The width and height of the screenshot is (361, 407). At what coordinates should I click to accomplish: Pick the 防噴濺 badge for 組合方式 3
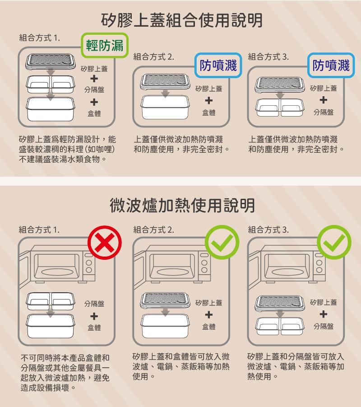coord(331,65)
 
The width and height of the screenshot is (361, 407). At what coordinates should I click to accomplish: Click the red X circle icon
coord(105,243)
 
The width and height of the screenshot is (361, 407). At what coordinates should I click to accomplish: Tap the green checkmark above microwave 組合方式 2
coord(222,243)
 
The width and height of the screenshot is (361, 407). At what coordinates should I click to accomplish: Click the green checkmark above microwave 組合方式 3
coord(334,243)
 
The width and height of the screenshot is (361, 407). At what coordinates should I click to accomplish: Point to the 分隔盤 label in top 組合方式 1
coord(94,89)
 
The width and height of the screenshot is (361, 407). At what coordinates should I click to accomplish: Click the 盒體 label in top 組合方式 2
coord(209,112)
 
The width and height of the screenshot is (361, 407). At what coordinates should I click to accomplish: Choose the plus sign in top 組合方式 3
coord(324,100)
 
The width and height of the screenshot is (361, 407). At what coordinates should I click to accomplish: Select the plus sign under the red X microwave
coord(94,315)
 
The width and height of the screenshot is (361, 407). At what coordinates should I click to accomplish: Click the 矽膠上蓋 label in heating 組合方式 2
coord(209,302)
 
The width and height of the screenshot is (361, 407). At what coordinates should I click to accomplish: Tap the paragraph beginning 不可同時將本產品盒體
coord(65,373)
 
